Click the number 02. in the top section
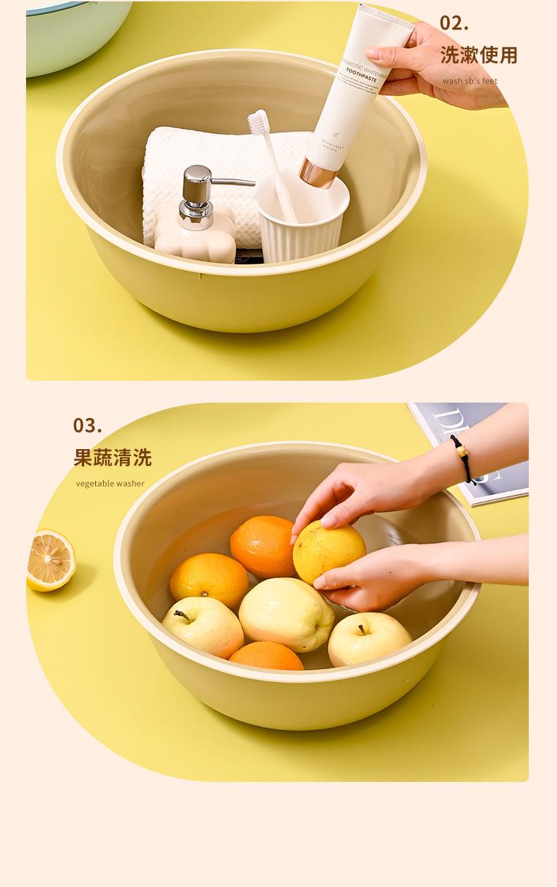[454, 23]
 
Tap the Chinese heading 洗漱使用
[479, 55]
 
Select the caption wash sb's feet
[470, 81]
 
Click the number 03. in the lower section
[87, 426]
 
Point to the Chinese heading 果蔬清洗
[113, 458]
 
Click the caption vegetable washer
[110, 484]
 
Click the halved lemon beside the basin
[50, 561]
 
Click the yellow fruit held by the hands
[329, 552]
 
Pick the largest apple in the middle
[286, 613]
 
